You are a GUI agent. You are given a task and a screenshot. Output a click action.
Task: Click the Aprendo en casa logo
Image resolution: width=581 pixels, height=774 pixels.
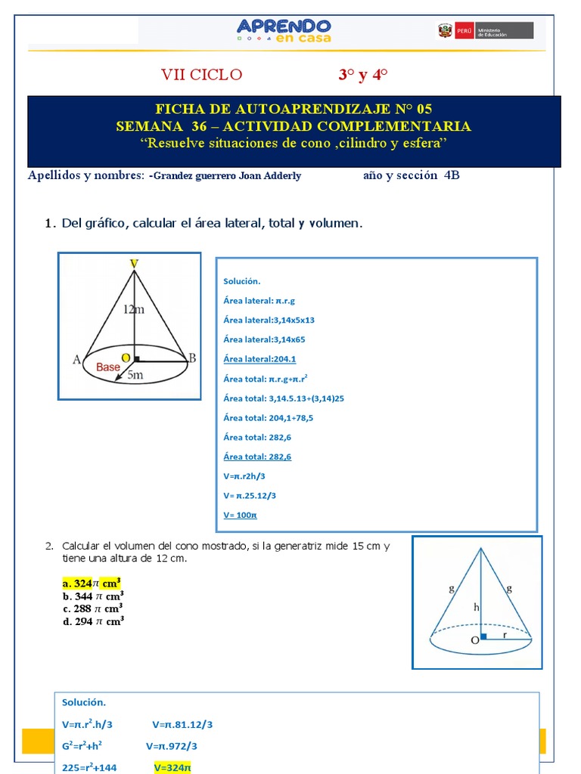click(x=284, y=29)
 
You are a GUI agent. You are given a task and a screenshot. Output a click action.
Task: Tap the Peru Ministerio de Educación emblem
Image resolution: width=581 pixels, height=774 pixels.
click(x=485, y=30)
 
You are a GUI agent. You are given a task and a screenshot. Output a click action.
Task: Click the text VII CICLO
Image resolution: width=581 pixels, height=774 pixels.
click(x=202, y=75)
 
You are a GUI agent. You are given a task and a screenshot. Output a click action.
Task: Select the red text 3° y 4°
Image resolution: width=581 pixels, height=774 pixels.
click(x=362, y=75)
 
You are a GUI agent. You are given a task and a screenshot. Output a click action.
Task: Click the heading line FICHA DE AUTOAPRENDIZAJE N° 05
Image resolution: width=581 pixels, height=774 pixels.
click(x=293, y=109)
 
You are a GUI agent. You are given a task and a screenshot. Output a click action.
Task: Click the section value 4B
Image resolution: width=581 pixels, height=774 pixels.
click(x=452, y=175)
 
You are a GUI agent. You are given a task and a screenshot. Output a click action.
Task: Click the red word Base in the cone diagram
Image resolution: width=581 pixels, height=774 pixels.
click(x=107, y=367)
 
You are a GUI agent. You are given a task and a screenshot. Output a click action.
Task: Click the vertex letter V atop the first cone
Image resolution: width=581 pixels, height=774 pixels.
click(x=134, y=263)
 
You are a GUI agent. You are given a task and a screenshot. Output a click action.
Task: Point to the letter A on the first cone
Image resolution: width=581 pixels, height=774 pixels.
click(x=76, y=360)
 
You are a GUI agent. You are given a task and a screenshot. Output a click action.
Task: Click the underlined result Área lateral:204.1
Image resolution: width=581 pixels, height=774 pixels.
click(x=259, y=359)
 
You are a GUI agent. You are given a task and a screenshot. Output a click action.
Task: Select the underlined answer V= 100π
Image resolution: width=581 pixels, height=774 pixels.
click(x=241, y=515)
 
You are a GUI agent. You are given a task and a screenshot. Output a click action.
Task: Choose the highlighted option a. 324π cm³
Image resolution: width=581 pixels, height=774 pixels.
click(x=92, y=584)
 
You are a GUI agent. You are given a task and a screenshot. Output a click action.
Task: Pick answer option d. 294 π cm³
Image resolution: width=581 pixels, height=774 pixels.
click(x=93, y=621)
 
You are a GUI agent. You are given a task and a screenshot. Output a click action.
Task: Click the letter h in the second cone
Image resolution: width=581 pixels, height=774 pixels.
click(x=475, y=606)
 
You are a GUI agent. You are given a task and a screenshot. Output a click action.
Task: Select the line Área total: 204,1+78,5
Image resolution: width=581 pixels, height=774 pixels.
click(x=268, y=417)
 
